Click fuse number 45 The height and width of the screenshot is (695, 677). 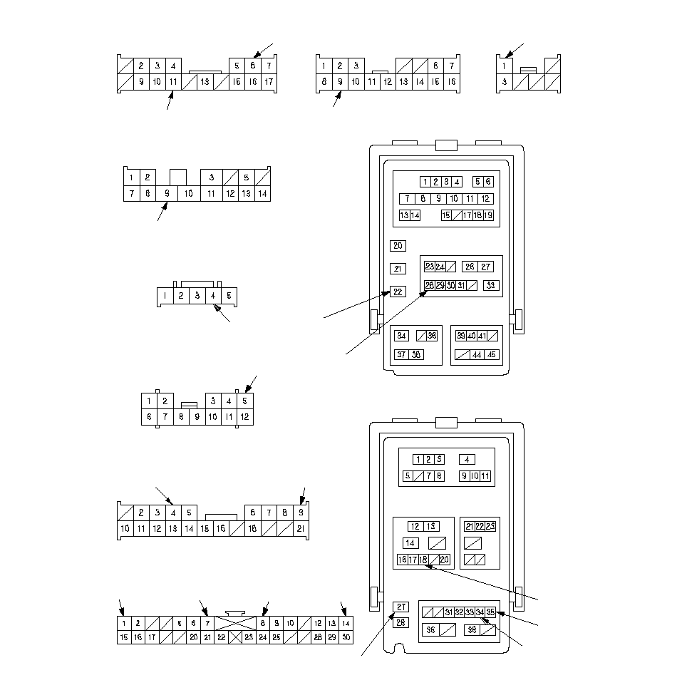(x=492, y=354)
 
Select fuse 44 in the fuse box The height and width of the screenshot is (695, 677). (x=477, y=354)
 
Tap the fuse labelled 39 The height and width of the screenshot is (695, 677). (x=461, y=336)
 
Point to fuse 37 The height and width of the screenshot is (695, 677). (x=402, y=354)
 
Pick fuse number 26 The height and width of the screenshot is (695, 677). (x=470, y=267)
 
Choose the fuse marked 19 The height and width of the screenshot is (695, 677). (x=488, y=215)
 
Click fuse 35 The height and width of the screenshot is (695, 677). (x=490, y=612)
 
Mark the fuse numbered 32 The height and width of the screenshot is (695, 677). (x=460, y=612)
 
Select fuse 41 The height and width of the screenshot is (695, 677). (x=482, y=336)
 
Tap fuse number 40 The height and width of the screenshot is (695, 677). (x=472, y=336)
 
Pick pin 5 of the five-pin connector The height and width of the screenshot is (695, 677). (x=229, y=295)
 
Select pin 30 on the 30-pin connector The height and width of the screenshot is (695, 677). (x=346, y=637)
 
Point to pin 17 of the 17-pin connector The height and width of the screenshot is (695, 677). (x=269, y=82)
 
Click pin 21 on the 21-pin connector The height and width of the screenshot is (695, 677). (x=301, y=529)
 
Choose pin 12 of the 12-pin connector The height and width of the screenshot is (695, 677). (x=244, y=416)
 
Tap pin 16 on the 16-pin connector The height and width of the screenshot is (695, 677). (x=451, y=82)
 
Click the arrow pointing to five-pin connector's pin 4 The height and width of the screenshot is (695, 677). (x=223, y=314)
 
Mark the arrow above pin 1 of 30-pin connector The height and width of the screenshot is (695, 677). (x=122, y=608)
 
